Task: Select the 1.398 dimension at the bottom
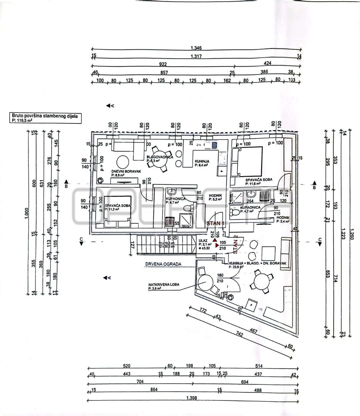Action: click(191, 397)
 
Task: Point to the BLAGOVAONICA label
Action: click(160, 157)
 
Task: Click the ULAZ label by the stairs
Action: click(203, 240)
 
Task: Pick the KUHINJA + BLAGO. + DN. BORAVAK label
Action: click(257, 263)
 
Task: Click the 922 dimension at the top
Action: click(163, 64)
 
